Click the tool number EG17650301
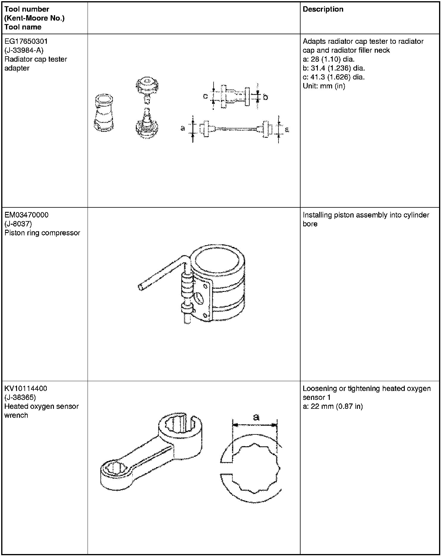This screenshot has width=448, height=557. (26, 41)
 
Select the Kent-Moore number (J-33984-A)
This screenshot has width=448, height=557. (24, 50)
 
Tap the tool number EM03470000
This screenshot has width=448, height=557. (27, 215)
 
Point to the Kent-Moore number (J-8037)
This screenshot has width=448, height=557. (18, 224)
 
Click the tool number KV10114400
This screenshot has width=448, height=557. (26, 389)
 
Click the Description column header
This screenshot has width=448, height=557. (323, 9)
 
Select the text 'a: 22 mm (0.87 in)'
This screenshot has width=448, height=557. (333, 406)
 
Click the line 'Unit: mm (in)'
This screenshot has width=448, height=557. (324, 86)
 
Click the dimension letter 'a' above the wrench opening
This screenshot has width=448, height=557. (256, 417)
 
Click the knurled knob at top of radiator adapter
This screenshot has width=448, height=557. (147, 84)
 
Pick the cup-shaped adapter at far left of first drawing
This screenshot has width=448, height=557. (104, 113)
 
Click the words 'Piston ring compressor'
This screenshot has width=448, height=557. (42, 233)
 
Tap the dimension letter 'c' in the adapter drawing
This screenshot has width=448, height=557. (206, 96)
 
